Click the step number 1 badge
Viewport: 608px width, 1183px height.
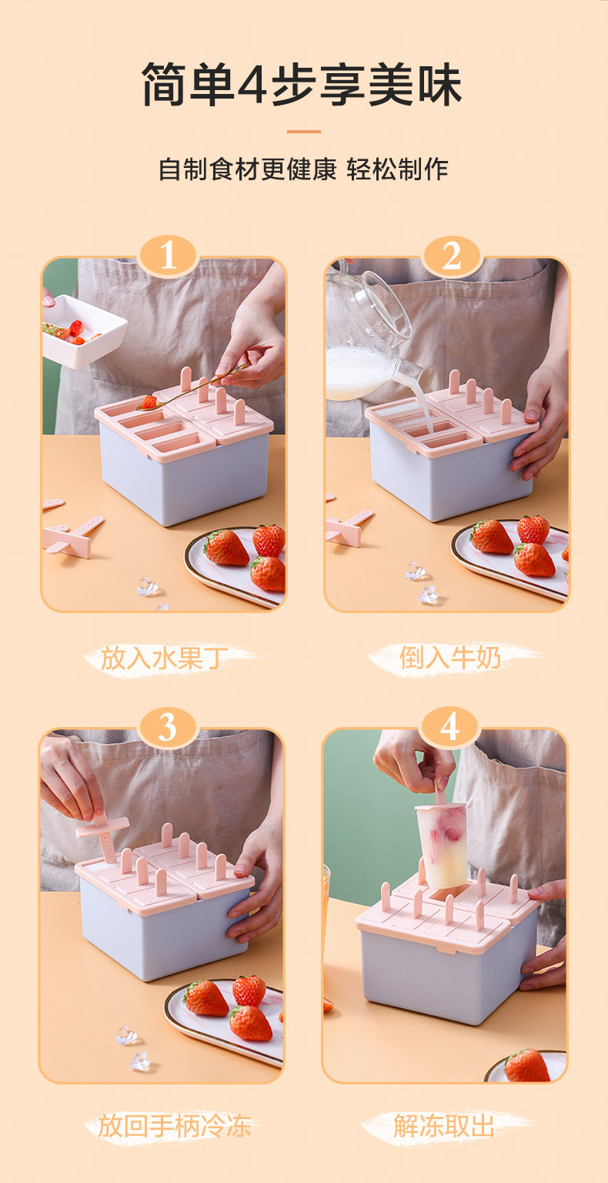pos(168,255)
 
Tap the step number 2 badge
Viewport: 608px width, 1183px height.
pos(451,256)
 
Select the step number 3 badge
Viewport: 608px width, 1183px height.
pos(167,728)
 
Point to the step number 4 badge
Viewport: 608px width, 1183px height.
pos(449,727)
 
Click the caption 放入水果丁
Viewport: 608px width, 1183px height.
pos(164,659)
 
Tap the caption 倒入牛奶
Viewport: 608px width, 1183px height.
pos(450,658)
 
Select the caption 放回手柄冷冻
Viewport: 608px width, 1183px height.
pos(174,1125)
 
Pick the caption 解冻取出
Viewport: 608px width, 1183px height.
pos(444,1125)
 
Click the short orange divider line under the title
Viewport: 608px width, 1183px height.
pos(303,132)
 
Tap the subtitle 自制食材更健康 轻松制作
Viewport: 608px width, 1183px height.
pos(303,169)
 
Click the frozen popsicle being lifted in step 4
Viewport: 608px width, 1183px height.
pos(441,844)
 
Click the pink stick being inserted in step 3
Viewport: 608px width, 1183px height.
pos(102,834)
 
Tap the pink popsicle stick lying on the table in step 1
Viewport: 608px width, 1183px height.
pos(74,535)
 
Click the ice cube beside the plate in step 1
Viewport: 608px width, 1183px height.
pos(147,586)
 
